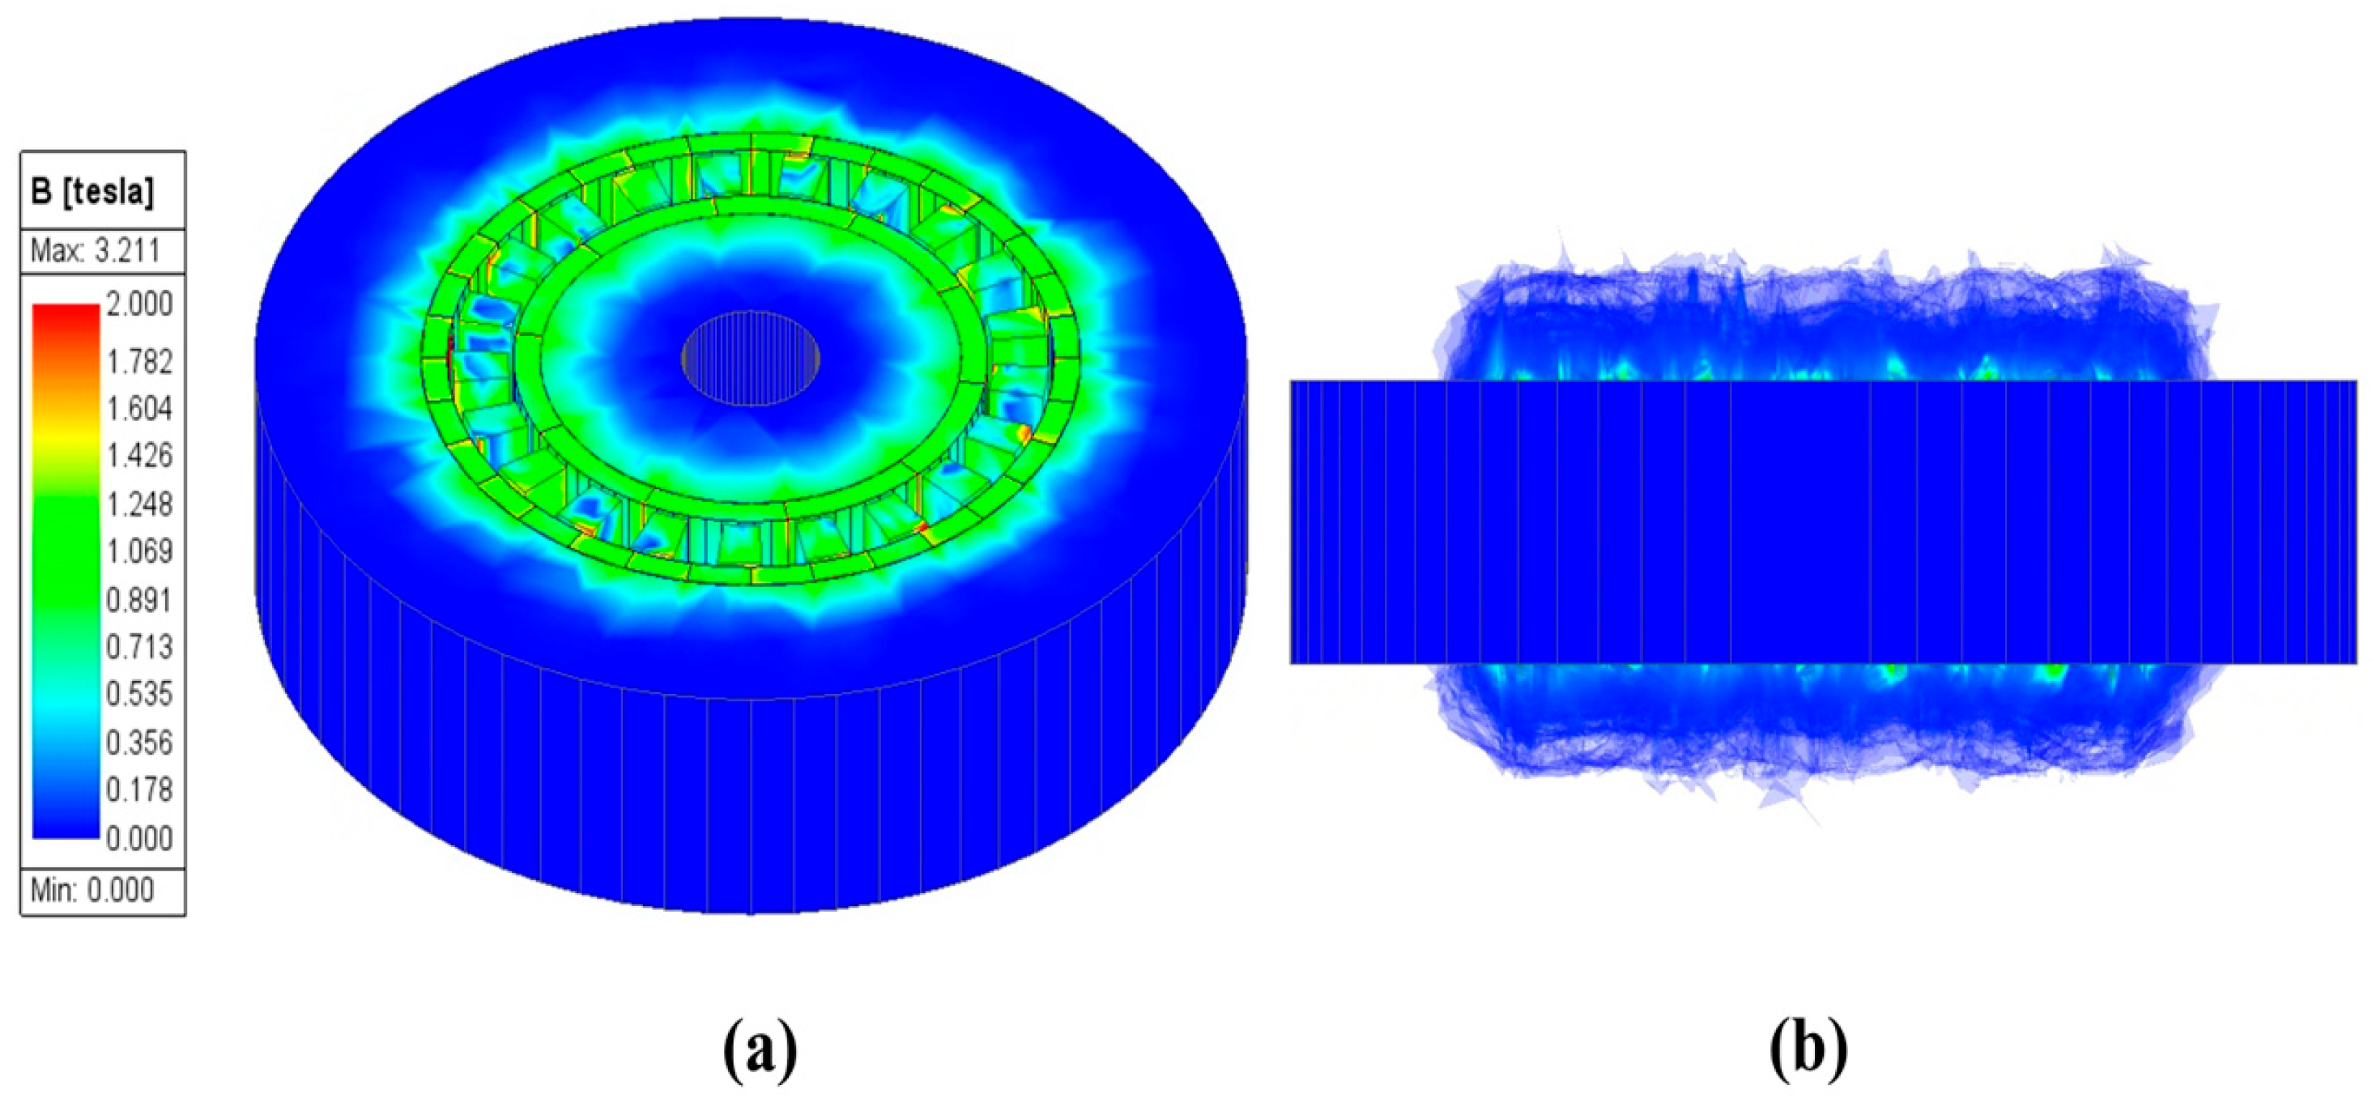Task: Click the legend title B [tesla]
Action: [92, 191]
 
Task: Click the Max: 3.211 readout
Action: [95, 250]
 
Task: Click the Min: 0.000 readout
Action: [92, 890]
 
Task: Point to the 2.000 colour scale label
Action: [139, 304]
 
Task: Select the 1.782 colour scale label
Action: [139, 362]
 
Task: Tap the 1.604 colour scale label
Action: [139, 409]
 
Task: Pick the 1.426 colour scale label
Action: [139, 456]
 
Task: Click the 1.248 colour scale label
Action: [139, 504]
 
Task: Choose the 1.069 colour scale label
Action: [139, 551]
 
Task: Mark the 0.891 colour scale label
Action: [139, 600]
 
